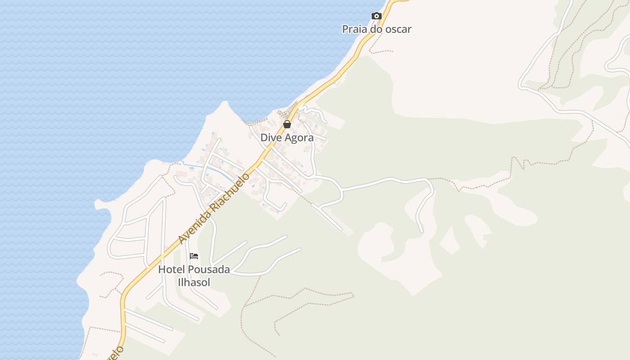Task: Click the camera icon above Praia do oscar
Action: tap(377, 16)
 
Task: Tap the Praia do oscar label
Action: tap(377, 29)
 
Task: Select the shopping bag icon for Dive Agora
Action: tap(287, 124)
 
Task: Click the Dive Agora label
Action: tap(287, 138)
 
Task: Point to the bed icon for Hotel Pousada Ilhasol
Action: tap(194, 256)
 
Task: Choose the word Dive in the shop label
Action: tap(270, 138)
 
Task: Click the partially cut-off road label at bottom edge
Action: tap(116, 352)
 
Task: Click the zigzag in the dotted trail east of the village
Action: tap(519, 163)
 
